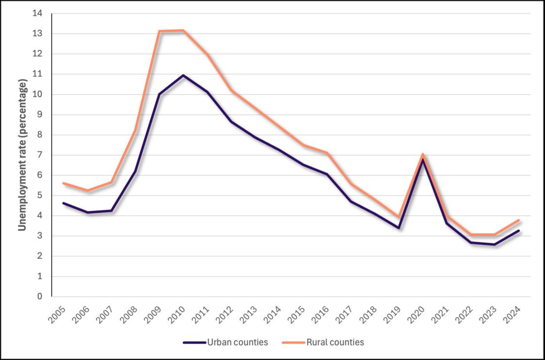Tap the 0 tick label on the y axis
pos(41,296)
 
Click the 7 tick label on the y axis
pos(41,155)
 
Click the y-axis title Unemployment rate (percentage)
pos(22,154)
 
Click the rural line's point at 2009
pos(159,31)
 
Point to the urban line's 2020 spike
pos(423,159)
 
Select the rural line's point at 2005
pos(64,183)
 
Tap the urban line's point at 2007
pos(112,210)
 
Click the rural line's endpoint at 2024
pos(519,220)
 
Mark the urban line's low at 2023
pos(494,244)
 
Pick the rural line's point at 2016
pos(327,153)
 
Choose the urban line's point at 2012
pos(231,121)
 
